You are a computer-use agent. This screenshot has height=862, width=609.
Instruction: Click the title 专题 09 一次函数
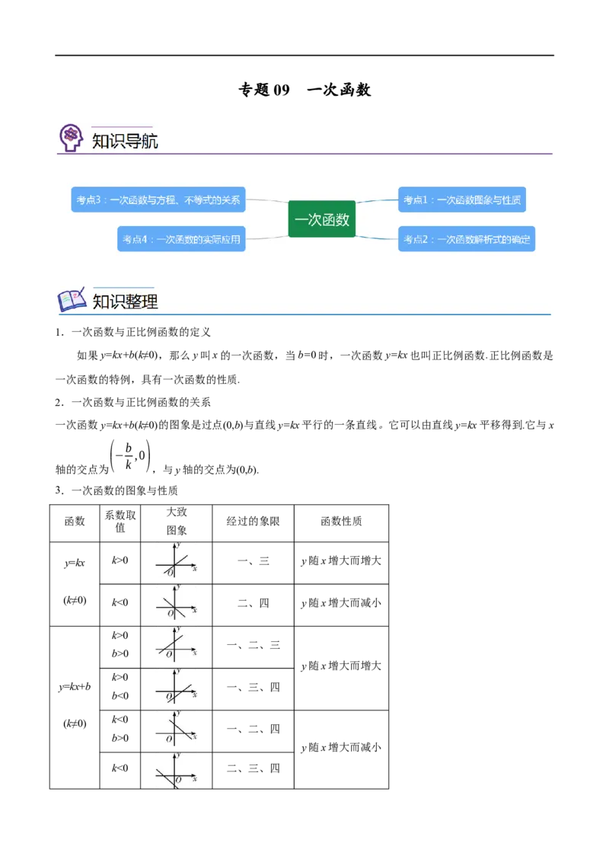[304, 90]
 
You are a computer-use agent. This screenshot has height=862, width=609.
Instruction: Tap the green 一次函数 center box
[322, 219]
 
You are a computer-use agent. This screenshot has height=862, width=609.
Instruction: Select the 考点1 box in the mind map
[461, 200]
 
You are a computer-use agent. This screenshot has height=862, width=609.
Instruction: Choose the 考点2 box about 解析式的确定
[467, 239]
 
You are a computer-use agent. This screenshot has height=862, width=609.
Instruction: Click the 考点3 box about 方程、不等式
[158, 200]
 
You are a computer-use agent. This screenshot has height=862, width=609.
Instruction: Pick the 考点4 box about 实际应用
[181, 239]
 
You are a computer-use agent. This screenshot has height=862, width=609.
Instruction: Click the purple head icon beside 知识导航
[71, 137]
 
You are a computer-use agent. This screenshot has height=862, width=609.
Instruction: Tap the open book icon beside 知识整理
[72, 300]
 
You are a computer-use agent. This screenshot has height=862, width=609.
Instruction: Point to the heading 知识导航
[125, 142]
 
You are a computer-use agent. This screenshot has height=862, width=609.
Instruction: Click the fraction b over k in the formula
[129, 455]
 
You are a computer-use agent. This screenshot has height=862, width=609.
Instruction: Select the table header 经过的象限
[253, 521]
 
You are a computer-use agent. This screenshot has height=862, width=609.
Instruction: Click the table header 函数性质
[341, 521]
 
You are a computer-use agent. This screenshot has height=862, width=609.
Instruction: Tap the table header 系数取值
[120, 521]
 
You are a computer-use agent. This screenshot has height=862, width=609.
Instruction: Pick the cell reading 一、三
[253, 561]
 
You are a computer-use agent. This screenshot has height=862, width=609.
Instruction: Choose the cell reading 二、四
[253, 603]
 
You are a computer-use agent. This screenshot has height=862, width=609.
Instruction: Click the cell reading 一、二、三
[253, 645]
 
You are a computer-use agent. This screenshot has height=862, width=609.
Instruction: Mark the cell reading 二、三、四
[253, 768]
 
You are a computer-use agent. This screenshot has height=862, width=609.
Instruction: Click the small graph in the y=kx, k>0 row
[176, 560]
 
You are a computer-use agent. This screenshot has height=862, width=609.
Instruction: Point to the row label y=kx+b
[74, 687]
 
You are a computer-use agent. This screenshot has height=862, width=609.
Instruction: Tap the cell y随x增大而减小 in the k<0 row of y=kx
[341, 603]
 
